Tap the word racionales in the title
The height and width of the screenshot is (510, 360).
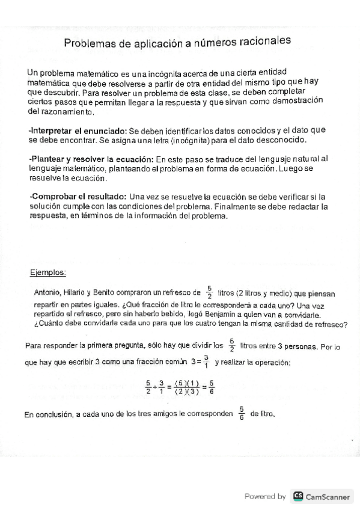tap(263, 41)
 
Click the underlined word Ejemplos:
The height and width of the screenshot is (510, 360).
tap(48, 272)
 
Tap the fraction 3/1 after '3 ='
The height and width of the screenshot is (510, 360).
tap(206, 361)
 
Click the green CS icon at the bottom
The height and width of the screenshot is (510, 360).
tap(297, 496)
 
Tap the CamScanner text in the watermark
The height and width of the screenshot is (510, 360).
tap(328, 497)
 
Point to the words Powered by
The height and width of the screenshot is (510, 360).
tap(265, 497)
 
